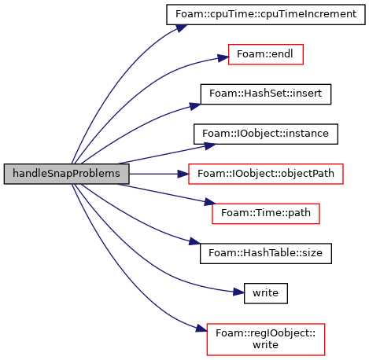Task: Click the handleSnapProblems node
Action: [x=66, y=174]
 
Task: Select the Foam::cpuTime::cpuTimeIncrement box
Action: [x=266, y=14]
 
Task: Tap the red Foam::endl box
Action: [x=266, y=54]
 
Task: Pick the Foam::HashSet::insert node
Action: [x=266, y=94]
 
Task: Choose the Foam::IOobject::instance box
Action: [x=266, y=134]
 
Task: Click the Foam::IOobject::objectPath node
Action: [x=266, y=174]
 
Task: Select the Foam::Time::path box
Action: [x=266, y=214]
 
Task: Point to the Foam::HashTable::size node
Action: [x=266, y=253]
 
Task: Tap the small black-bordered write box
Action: [x=266, y=293]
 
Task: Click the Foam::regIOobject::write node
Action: [x=266, y=340]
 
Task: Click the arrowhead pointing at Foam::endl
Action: [x=223, y=58]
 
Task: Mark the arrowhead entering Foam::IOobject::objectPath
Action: [x=183, y=174]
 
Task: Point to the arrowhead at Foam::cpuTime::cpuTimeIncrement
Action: [x=182, y=28]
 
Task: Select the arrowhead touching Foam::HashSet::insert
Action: [x=195, y=106]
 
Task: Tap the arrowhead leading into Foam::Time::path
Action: [x=210, y=202]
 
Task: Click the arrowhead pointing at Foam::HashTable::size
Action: [x=194, y=241]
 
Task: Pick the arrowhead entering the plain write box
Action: [x=238, y=292]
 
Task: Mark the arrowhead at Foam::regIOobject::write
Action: [x=201, y=329]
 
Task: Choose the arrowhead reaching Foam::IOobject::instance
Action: [x=210, y=146]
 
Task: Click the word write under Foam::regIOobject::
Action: [x=265, y=345]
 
